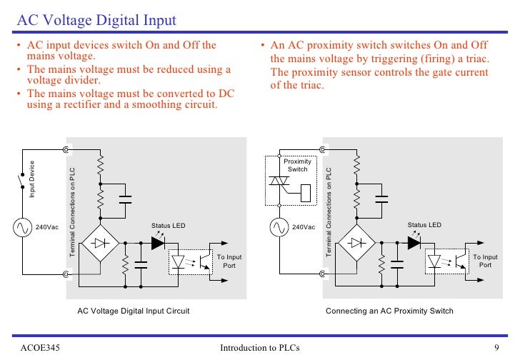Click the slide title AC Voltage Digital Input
point(97,20)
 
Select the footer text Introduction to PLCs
point(260,348)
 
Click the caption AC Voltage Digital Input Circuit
point(134,311)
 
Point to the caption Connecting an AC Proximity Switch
point(389,311)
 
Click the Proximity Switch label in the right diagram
point(297,165)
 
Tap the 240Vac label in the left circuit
point(47,227)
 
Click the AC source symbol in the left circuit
point(21,227)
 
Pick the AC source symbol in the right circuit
point(278,227)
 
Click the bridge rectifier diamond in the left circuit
point(101,243)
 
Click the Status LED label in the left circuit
point(168,226)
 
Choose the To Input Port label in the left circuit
point(229,261)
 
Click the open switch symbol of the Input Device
point(21,176)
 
